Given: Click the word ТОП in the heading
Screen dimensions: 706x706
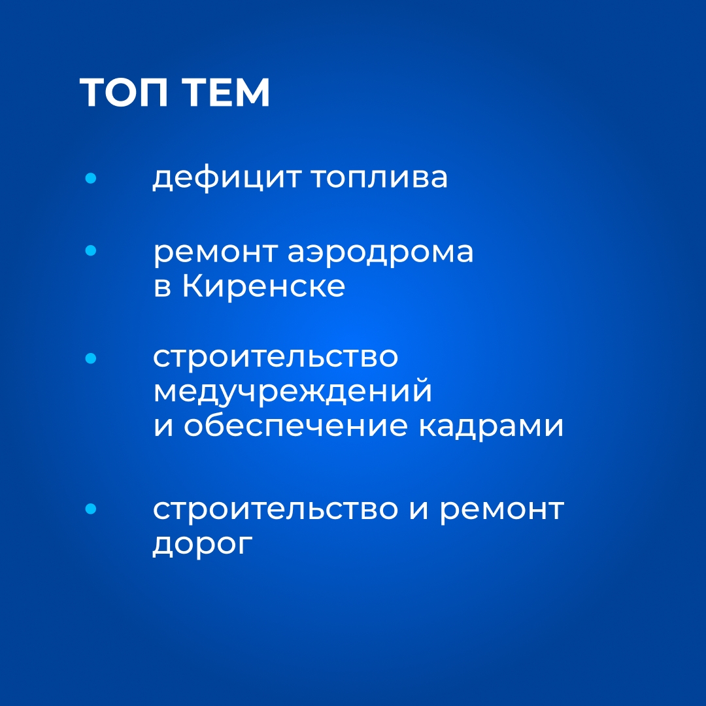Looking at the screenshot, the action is [124, 92].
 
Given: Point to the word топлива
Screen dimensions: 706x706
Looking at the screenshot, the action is [379, 177].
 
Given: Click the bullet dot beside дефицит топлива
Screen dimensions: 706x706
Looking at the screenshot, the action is [90, 178].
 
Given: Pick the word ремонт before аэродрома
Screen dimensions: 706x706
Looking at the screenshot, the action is [215, 253].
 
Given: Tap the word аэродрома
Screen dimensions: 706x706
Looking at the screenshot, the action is [380, 253].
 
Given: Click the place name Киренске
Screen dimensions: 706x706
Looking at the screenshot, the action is [264, 286].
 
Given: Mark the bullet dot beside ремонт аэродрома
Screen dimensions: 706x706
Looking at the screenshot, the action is [90, 250].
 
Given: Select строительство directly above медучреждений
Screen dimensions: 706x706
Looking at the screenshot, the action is [276, 358].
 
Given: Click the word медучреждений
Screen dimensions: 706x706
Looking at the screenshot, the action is [293, 392].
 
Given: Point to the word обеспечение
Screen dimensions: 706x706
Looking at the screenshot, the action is [296, 425].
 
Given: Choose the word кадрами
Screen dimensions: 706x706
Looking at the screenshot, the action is [491, 426].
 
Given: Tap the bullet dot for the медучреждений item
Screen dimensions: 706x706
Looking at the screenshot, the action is [90, 358].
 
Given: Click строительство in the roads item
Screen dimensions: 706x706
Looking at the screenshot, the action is [276, 510].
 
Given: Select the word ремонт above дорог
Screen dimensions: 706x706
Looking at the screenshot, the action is [501, 511].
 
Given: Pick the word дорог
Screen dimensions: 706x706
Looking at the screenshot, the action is [203, 545].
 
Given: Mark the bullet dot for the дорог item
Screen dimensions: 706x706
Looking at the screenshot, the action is [90, 509].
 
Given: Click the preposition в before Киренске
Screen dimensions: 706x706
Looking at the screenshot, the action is [163, 288].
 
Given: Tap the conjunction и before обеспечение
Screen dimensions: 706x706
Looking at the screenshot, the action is [163, 426].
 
